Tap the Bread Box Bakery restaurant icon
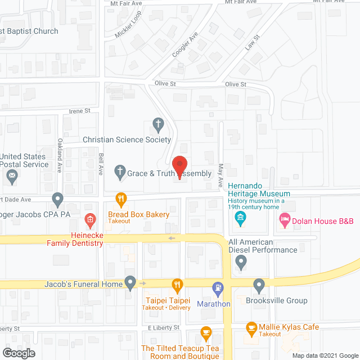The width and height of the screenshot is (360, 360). click(x=120, y=199)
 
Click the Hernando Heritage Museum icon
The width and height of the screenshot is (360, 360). click(x=241, y=217)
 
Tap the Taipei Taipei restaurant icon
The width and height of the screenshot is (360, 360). click(x=177, y=285)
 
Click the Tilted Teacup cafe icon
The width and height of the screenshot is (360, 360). click(x=206, y=333)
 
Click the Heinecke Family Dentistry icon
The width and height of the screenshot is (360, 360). click(x=89, y=219)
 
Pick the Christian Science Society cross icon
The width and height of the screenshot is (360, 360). click(x=159, y=124)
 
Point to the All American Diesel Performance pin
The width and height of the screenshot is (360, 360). click(x=241, y=262)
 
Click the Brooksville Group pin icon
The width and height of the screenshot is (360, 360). click(x=259, y=285)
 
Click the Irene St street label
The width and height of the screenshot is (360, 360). click(x=79, y=111)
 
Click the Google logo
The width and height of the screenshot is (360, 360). click(x=18, y=353)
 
